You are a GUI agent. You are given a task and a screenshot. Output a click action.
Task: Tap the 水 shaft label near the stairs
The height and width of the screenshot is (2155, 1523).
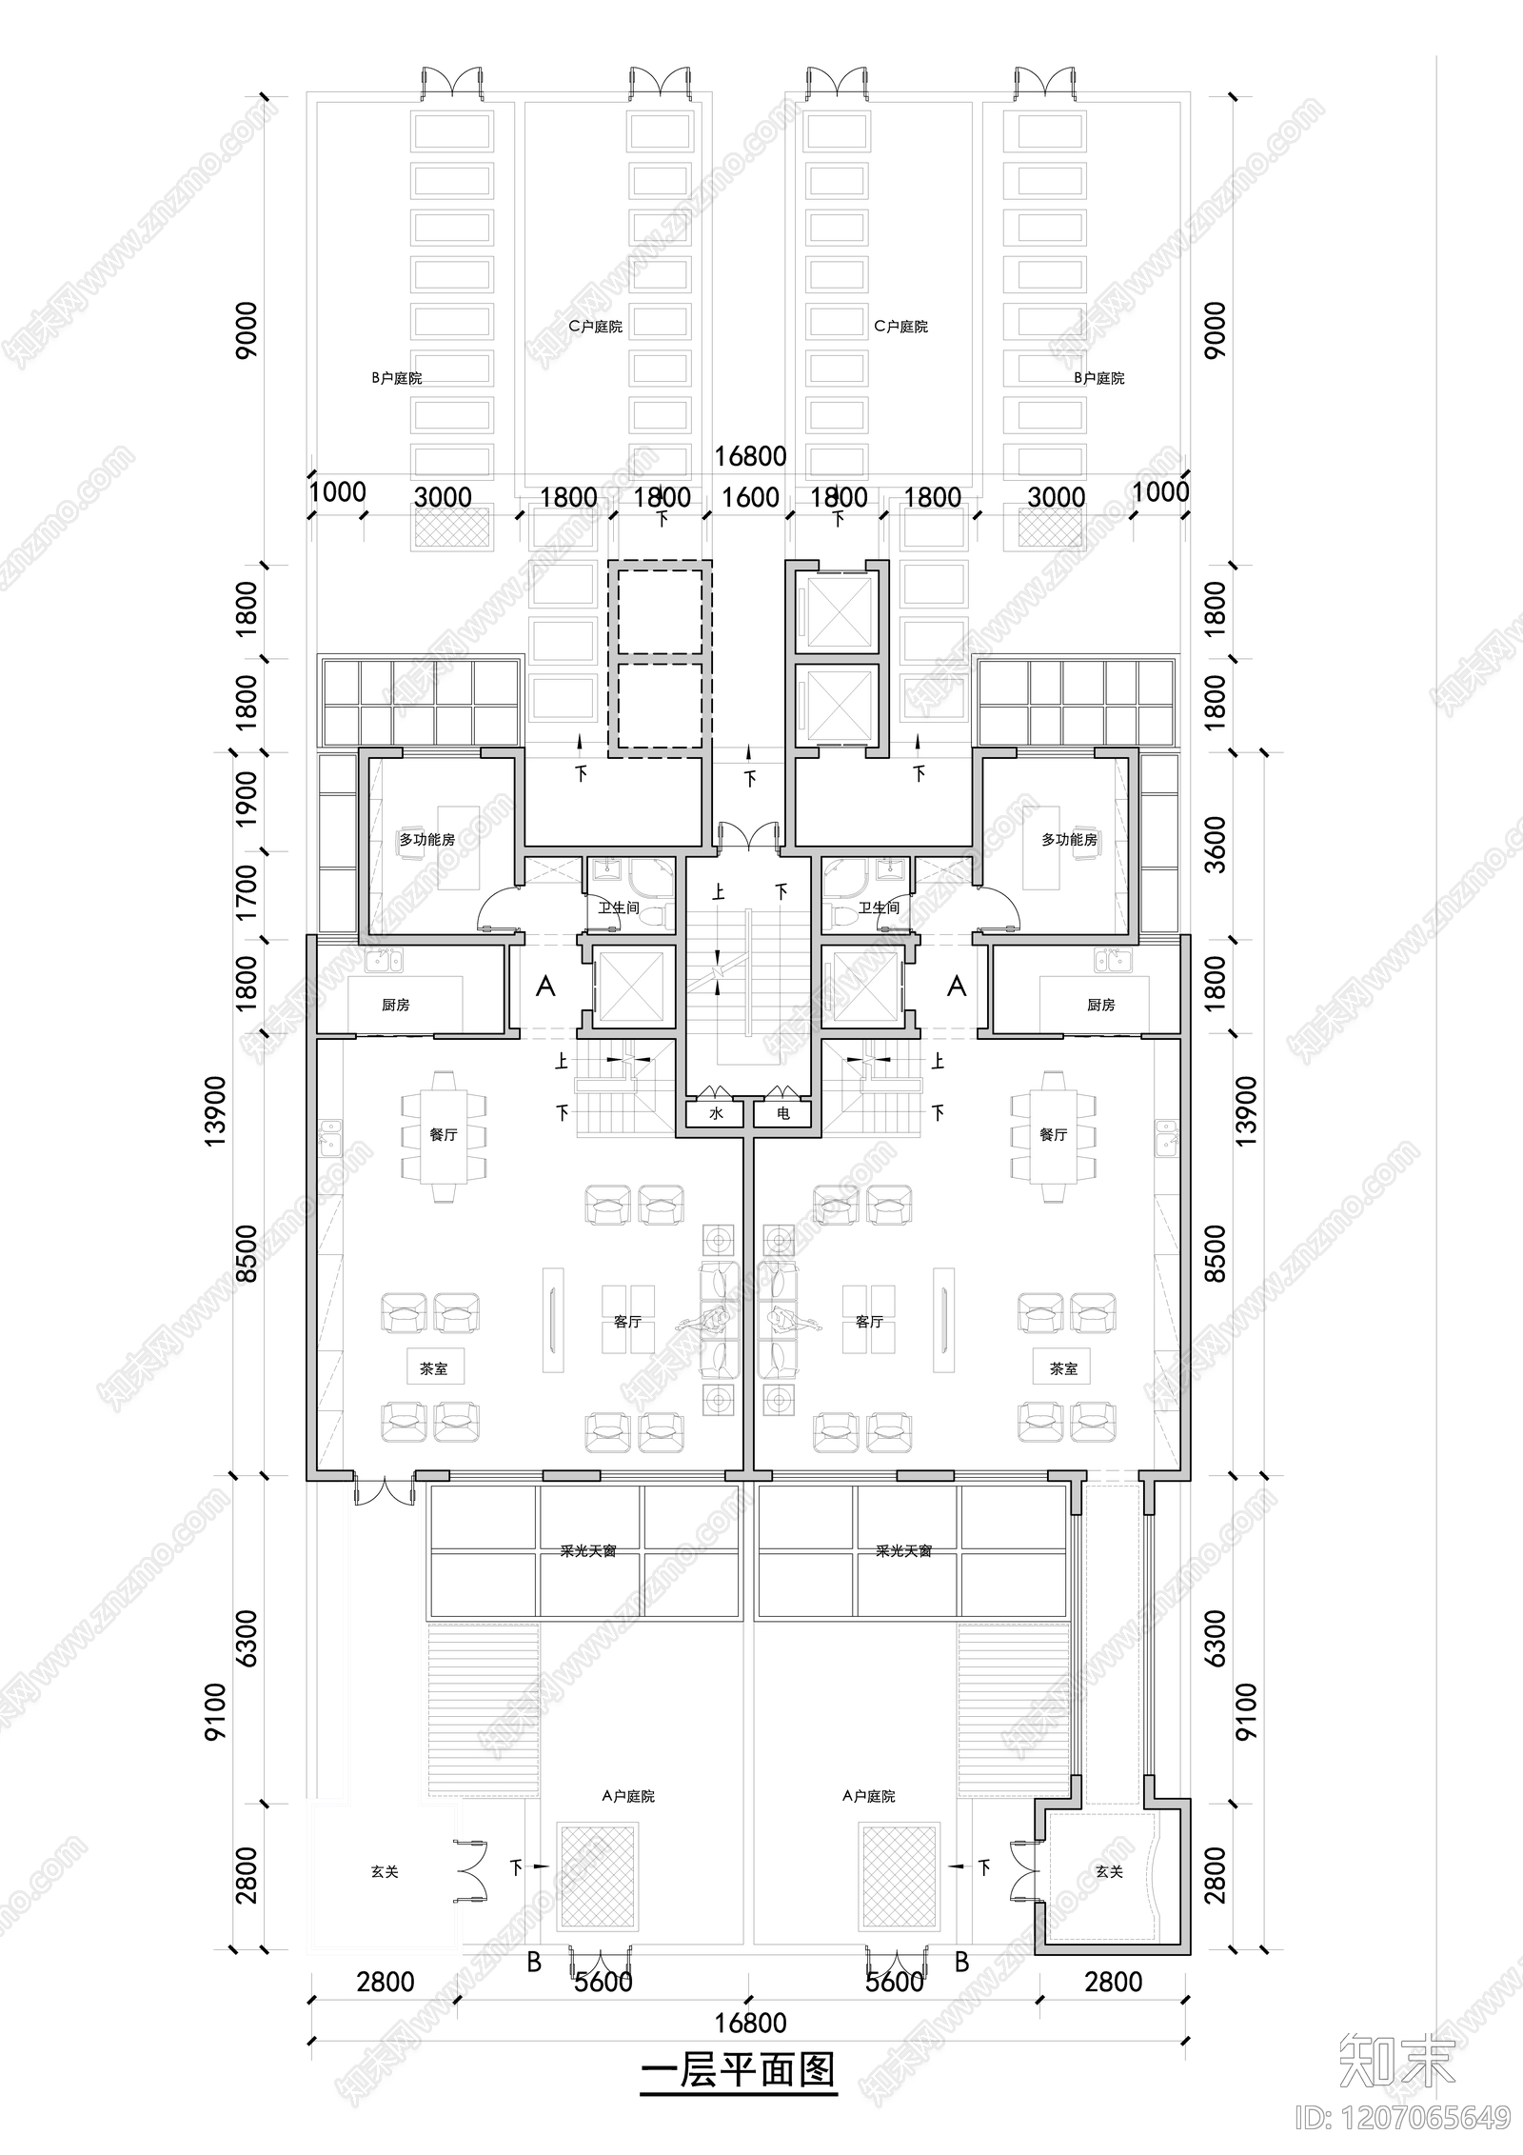click(x=716, y=1112)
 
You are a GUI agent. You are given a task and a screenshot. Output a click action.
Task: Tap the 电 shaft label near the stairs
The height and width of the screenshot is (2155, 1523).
click(x=783, y=1112)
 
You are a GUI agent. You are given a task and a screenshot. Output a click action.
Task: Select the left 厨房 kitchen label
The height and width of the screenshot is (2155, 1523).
click(x=395, y=1005)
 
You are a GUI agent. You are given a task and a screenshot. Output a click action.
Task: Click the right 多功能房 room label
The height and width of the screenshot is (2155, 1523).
click(x=1069, y=839)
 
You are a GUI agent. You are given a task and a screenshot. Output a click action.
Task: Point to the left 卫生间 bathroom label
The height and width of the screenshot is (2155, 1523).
click(x=618, y=908)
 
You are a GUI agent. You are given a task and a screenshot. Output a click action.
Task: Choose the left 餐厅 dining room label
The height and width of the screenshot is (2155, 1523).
click(x=443, y=1134)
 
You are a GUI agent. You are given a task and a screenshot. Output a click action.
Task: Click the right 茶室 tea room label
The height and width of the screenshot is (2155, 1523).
click(x=1063, y=1368)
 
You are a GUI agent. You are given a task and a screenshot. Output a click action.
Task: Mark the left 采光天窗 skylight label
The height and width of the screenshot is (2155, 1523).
click(x=588, y=1551)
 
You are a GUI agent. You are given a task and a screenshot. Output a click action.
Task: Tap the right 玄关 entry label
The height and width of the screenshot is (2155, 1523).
click(x=1109, y=1871)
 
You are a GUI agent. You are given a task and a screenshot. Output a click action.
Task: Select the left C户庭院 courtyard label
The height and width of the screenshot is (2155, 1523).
click(x=595, y=327)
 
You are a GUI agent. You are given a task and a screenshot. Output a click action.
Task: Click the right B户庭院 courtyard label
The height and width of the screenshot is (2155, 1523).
click(x=1099, y=378)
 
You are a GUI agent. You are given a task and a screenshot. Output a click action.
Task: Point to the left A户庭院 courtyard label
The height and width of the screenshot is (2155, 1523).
click(x=628, y=1796)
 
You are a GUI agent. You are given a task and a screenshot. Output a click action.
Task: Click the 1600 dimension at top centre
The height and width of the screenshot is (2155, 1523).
click(x=750, y=497)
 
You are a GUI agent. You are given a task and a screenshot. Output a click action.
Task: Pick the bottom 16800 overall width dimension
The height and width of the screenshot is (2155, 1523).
click(x=750, y=2022)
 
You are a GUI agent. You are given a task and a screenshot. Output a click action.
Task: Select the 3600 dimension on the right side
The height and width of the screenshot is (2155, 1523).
click(x=1216, y=845)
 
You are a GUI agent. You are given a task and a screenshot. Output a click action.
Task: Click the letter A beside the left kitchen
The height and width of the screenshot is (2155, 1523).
click(x=545, y=986)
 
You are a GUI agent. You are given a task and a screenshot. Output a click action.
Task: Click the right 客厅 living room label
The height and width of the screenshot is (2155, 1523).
click(x=869, y=1322)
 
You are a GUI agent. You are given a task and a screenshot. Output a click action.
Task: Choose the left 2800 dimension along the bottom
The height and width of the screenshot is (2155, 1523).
click(x=386, y=1982)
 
